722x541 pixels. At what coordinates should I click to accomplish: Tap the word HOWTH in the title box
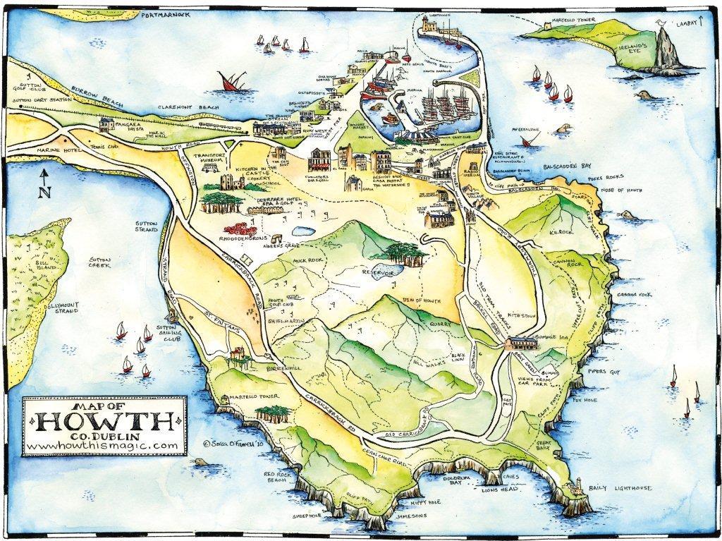[104, 423]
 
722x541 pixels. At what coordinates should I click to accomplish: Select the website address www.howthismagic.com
[104, 446]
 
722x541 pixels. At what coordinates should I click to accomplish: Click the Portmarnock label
[168, 14]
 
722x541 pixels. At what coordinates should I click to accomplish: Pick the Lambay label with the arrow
[690, 23]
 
